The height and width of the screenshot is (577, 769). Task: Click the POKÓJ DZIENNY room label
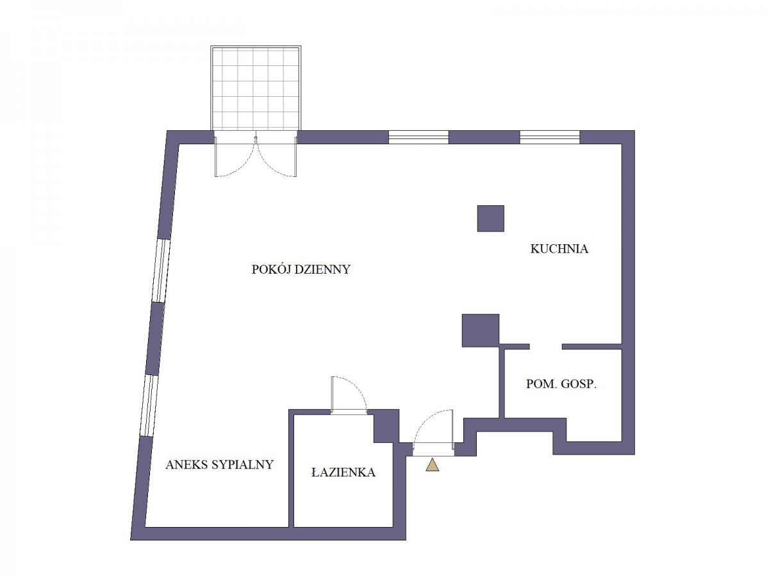[x=301, y=269]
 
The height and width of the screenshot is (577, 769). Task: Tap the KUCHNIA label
[x=559, y=249]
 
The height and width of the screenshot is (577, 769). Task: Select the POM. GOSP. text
[x=561, y=384]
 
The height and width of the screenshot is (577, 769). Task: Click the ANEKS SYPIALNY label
[x=219, y=465]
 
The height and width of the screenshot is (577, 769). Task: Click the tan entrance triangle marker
[x=433, y=465]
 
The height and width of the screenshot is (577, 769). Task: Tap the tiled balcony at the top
[x=256, y=88]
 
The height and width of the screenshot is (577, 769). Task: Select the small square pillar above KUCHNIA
[x=490, y=218]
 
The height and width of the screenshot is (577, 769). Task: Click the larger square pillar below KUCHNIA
[x=481, y=330]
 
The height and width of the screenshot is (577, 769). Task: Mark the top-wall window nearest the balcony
[x=418, y=137]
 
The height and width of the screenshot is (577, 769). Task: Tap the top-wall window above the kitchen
[x=550, y=137]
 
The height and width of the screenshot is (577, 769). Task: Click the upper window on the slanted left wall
[x=161, y=271]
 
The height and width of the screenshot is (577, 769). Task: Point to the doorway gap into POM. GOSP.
[x=546, y=346]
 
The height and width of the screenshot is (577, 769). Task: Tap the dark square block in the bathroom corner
[x=386, y=426]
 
